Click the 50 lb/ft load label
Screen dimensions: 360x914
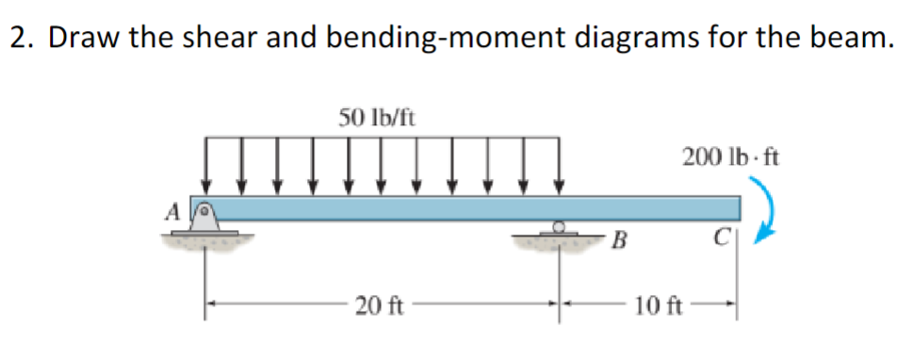click(x=378, y=118)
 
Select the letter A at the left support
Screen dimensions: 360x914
click(x=172, y=213)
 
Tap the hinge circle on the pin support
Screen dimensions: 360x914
click(x=202, y=202)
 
